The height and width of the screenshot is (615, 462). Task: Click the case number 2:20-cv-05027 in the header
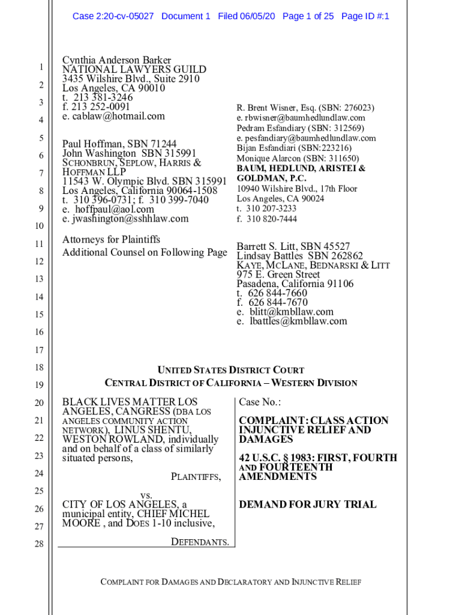(126, 16)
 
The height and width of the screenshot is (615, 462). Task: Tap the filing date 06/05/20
(256, 16)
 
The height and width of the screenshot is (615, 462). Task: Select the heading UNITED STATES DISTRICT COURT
(230, 371)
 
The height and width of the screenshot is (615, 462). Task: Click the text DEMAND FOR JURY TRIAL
(308, 504)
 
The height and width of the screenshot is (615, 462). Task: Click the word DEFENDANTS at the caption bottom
(200, 542)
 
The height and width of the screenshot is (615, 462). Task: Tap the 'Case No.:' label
(260, 402)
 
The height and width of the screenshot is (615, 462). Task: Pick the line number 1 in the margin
(39, 67)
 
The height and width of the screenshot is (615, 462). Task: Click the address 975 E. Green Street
(278, 274)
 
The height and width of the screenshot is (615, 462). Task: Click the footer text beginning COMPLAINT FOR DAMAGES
(230, 582)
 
